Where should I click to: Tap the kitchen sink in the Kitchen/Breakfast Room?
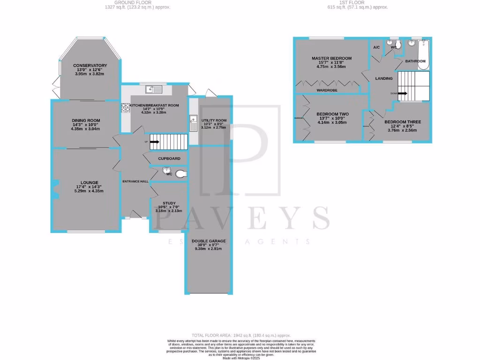[153, 89]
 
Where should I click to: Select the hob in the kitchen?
[126, 108]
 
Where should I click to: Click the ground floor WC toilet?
[181, 174]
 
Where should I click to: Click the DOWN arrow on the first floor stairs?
[402, 93]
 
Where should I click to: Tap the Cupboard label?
[169, 159]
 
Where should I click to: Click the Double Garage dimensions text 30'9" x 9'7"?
[209, 245]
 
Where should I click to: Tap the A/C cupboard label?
[376, 47]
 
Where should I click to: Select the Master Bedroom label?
[331, 59]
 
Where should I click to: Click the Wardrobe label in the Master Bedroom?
[327, 90]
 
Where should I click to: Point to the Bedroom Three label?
[402, 122]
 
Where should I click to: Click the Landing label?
[384, 78]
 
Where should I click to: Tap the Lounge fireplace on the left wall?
[54, 188]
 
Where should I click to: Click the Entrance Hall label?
[135, 181]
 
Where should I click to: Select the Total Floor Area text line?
[240, 336]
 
